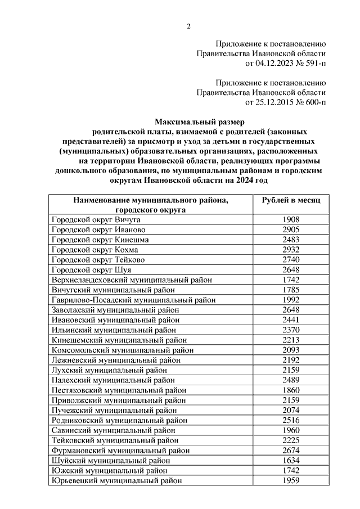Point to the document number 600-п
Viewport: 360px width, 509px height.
tap(313, 102)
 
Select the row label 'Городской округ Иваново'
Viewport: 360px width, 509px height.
tap(98, 229)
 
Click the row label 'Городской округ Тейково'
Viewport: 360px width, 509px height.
tap(98, 259)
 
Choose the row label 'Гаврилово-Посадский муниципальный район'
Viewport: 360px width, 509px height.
tap(133, 299)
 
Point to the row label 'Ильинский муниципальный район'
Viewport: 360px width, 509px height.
tap(114, 329)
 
